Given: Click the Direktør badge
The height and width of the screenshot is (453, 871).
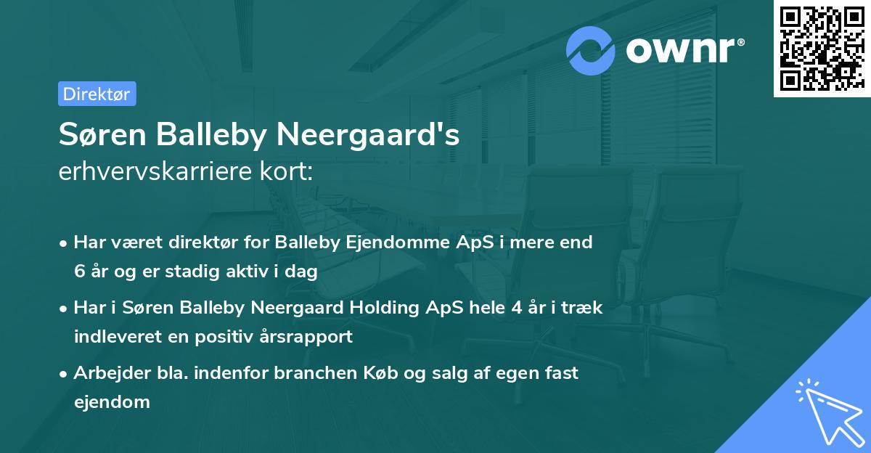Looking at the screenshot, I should click(x=97, y=94).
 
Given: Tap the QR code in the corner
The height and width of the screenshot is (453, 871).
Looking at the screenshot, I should click(x=822, y=49).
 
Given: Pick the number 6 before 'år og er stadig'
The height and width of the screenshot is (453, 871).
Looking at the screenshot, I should click(x=79, y=272).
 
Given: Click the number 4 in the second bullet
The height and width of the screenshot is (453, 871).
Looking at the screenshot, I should click(x=517, y=307).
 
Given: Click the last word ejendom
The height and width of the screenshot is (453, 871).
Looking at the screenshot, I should click(x=112, y=401).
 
